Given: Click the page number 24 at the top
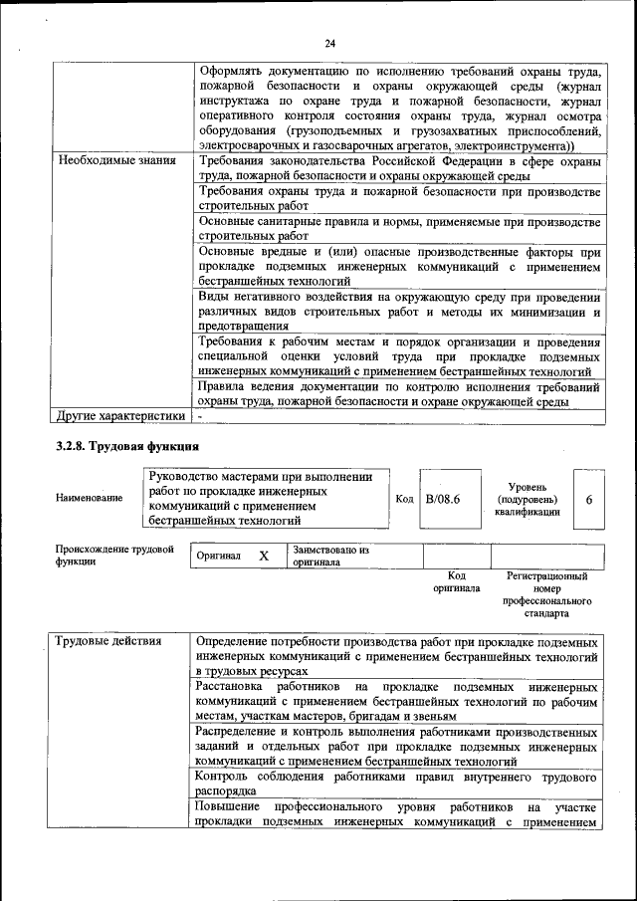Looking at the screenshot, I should pyautogui.click(x=329, y=42).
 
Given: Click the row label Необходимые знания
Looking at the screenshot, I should pyautogui.click(x=116, y=160).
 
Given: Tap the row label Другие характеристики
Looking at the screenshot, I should pyautogui.click(x=121, y=415).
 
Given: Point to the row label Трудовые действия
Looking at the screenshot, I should pyautogui.click(x=107, y=641).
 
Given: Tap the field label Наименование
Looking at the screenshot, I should pyautogui.click(x=90, y=498).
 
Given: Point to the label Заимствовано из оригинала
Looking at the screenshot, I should pyautogui.click(x=329, y=556).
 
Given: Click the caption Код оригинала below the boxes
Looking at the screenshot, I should pyautogui.click(x=456, y=582).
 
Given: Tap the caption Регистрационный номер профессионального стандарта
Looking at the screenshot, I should pyautogui.click(x=546, y=595).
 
